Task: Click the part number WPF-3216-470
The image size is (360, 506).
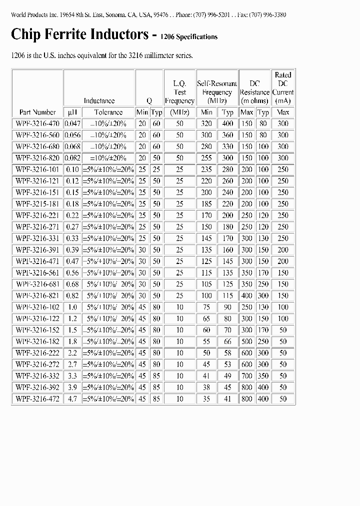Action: click(x=37, y=123)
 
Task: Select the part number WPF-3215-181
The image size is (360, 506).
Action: click(x=37, y=204)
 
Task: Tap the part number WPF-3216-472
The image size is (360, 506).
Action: click(x=37, y=399)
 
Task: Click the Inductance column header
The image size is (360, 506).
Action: click(x=99, y=100)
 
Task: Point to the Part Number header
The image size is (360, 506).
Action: click(x=37, y=112)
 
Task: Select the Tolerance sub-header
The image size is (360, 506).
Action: click(x=108, y=112)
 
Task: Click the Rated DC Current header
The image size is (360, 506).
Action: click(x=283, y=87)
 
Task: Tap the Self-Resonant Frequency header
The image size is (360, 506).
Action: click(x=217, y=92)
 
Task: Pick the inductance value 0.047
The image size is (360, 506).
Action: click(x=72, y=123)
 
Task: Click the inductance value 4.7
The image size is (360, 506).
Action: click(x=72, y=399)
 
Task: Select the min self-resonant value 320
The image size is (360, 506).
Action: click(x=206, y=123)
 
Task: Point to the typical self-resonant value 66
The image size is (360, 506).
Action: click(x=227, y=341)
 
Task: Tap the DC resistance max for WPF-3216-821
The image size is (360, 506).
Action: click(x=247, y=295)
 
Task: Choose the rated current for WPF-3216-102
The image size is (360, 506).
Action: click(x=283, y=307)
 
